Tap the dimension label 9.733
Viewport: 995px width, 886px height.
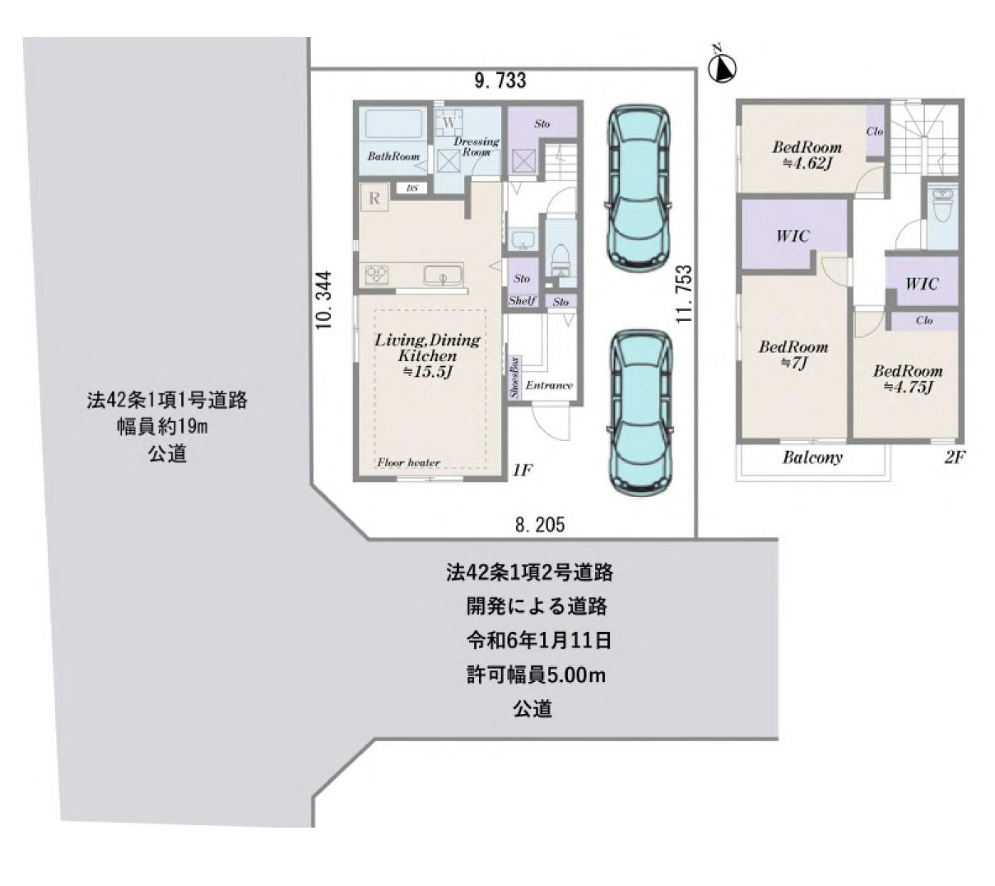point(500,81)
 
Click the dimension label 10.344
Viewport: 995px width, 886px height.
point(324,300)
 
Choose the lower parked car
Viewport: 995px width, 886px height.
point(639,413)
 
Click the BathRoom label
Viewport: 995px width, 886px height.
point(393,156)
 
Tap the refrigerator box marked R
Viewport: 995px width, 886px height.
point(374,198)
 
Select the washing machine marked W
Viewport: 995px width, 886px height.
point(449,123)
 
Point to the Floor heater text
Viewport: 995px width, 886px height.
point(409,463)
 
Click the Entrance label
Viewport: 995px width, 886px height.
point(549,385)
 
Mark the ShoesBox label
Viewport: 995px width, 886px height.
point(514,378)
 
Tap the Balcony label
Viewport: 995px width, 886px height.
point(812,457)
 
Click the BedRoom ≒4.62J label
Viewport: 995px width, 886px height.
point(807,155)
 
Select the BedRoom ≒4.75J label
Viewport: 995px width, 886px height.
point(907,379)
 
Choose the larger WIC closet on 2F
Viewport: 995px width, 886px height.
point(793,236)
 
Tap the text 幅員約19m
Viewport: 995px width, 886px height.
point(168,428)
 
